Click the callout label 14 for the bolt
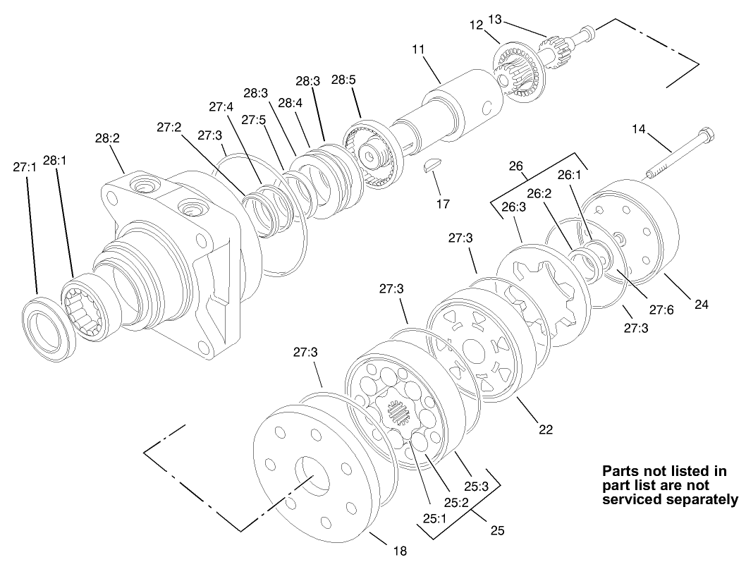[639, 129]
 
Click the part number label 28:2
[107, 138]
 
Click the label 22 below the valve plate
[546, 429]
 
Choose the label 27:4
[221, 106]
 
